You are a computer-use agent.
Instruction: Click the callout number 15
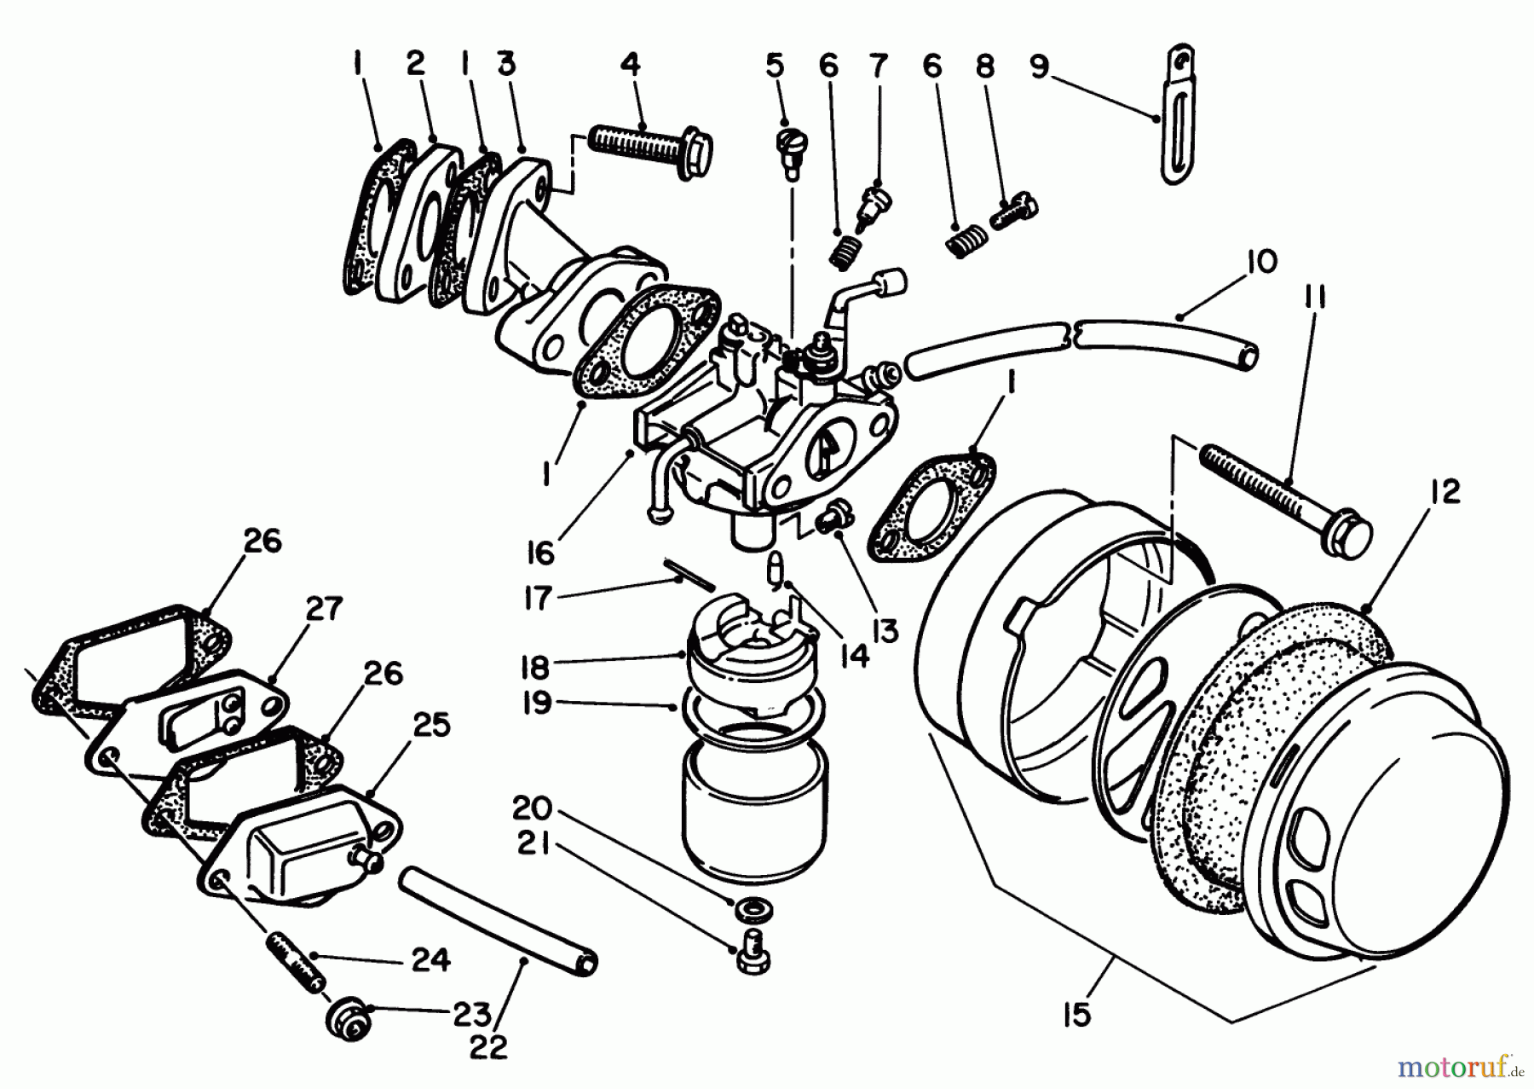[1077, 1015]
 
